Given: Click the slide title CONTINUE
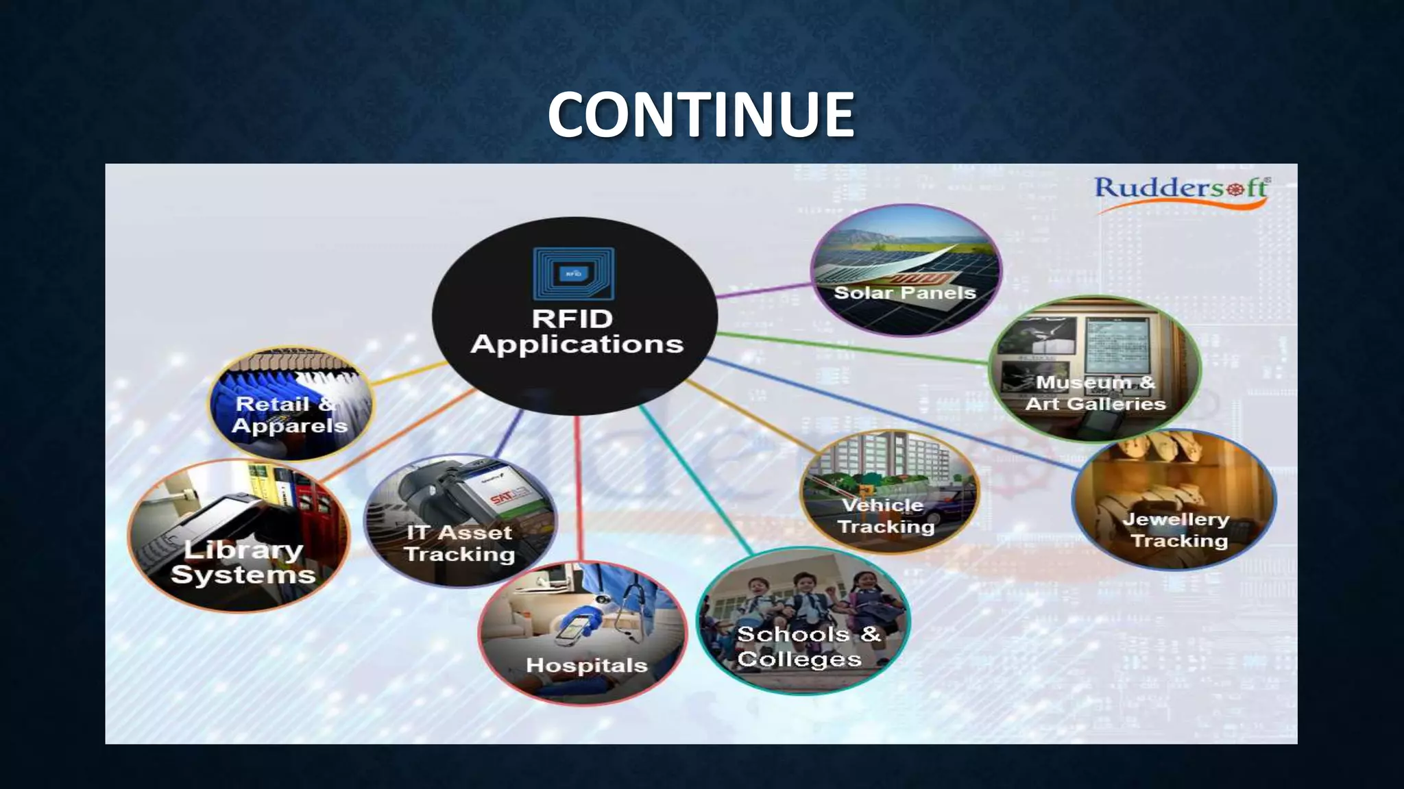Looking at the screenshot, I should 701,114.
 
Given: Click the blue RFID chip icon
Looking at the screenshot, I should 574,273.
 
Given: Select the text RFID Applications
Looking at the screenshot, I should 576,331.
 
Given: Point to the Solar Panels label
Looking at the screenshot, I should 904,293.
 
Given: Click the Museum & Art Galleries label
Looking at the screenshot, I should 1095,393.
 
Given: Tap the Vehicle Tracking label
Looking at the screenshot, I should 885,516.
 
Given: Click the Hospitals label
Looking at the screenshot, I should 586,665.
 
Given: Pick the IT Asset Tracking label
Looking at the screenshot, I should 459,543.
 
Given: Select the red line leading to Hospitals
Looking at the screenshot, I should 579,486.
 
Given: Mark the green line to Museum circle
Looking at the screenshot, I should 850,347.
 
